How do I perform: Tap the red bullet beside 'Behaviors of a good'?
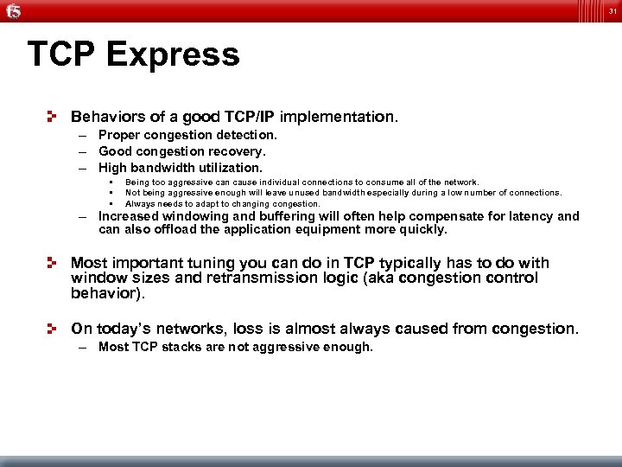tap(54, 115)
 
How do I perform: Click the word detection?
tap(246, 135)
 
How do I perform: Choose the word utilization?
tap(231, 168)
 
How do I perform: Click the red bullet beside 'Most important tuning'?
tap(54, 262)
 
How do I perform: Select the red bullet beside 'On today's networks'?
tap(54, 329)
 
